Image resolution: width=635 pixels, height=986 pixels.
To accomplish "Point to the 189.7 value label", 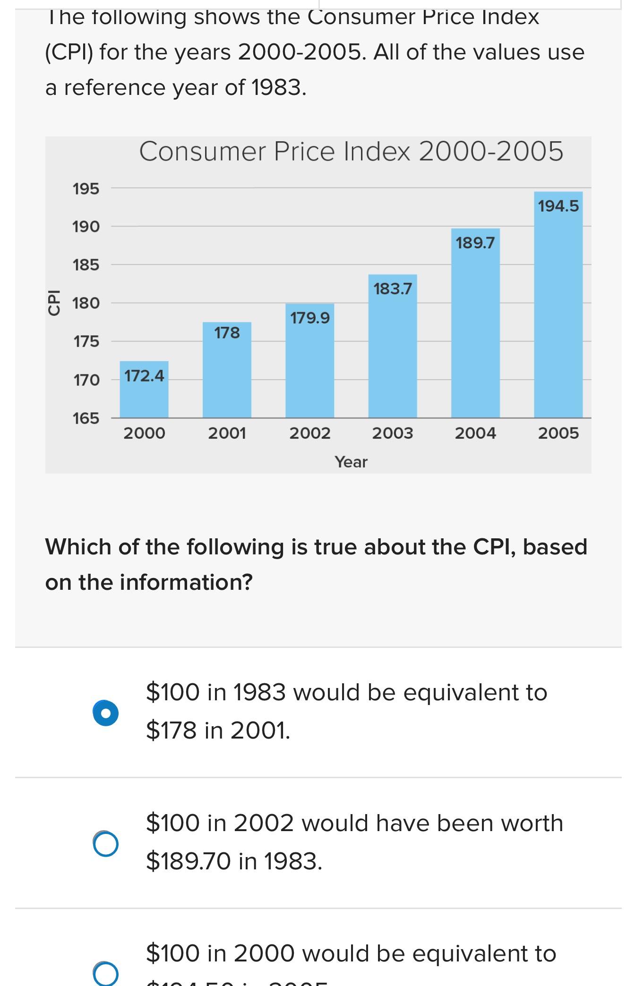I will coord(475,243).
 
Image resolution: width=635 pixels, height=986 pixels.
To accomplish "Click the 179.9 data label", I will coord(310,318).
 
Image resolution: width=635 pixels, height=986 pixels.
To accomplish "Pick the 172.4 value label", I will coord(144,376).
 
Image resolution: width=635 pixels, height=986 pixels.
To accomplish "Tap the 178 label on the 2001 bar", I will coord(227,333).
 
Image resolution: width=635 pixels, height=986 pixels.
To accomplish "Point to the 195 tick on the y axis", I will coord(86,189).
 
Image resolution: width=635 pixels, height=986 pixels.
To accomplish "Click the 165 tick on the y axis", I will coord(86,418).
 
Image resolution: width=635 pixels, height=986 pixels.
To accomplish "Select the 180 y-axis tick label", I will coord(86,303).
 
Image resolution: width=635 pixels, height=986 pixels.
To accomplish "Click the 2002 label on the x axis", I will coord(310,433).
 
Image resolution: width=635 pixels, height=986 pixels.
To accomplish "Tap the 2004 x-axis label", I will coord(475,433).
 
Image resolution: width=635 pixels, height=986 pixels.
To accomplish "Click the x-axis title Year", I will coord(351,462).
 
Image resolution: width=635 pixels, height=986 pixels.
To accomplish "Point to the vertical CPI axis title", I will coord(54,302).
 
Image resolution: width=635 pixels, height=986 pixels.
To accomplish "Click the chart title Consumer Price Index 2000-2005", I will coord(351,152).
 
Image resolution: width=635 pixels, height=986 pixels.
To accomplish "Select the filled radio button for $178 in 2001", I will coord(106,713).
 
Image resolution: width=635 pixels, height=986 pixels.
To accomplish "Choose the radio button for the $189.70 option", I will coord(106,843).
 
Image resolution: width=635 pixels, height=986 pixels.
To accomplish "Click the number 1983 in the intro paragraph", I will coord(277,87).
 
